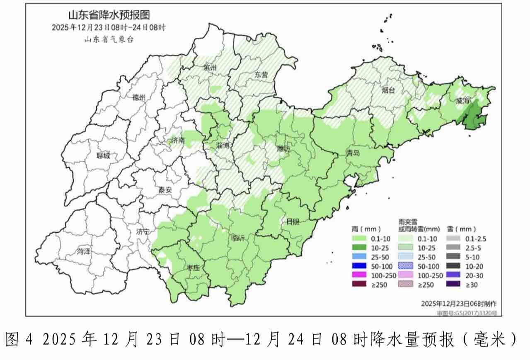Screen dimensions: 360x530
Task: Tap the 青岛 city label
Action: pos(353,153)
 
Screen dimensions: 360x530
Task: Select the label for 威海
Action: pos(463,101)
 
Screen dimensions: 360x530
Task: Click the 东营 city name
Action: pos(261,75)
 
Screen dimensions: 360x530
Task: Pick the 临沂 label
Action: pos(238,238)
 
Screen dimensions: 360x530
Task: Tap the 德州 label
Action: pos(139,98)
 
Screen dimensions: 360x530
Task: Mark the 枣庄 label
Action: pos(193,268)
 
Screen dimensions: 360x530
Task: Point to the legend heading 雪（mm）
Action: pos(461,229)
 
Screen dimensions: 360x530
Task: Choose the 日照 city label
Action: pos(293,221)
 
